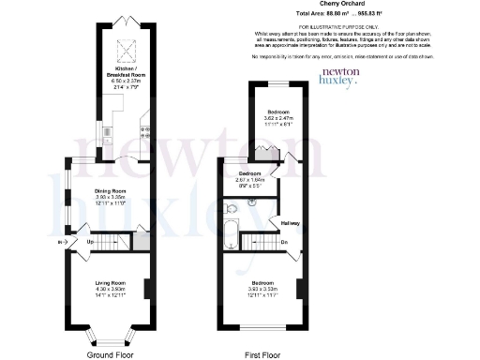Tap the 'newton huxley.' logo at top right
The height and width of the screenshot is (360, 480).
(339, 77)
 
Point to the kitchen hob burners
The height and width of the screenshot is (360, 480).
(145, 131)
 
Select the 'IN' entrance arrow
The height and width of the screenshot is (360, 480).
(62, 243)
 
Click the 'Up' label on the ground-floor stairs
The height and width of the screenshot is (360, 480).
(91, 243)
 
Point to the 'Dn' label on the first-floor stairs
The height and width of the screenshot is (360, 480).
(284, 242)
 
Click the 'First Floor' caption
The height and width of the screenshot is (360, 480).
(264, 354)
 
